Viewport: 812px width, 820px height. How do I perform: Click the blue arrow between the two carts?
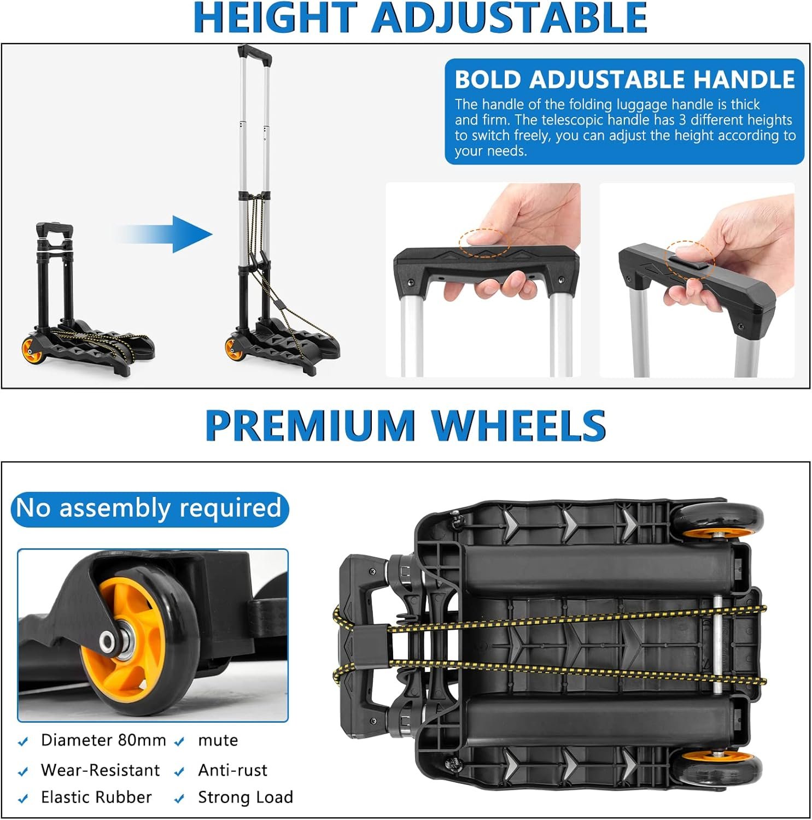pos(164,235)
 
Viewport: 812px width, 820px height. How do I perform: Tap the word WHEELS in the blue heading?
pos(518,425)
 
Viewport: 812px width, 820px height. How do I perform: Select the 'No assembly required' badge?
pos(149,508)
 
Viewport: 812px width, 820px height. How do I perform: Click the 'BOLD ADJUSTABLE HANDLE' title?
pos(624,80)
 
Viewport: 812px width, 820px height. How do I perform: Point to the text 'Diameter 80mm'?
pos(103,740)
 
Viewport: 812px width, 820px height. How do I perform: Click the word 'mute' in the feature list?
pos(218,741)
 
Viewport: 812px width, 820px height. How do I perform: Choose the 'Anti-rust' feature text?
pos(232,770)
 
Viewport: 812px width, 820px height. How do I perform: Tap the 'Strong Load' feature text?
pos(246,798)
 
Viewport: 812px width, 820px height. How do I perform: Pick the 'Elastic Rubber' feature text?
pos(96,798)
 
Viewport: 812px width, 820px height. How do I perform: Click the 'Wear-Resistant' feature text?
pos(101,770)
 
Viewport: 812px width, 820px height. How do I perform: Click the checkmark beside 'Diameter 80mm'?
pos(23,742)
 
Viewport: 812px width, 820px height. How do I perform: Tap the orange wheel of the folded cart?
pos(31,350)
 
